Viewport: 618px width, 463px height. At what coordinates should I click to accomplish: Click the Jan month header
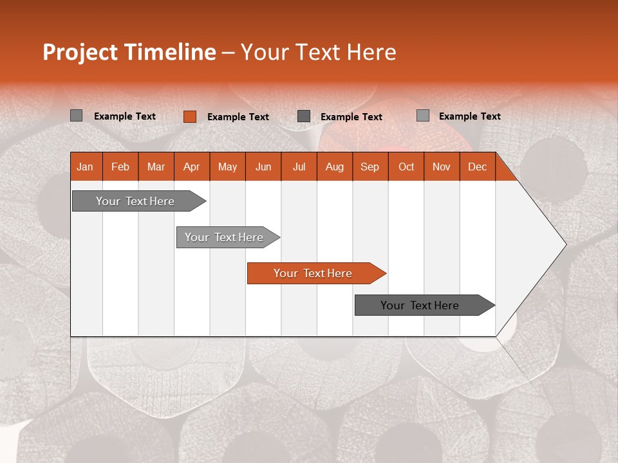tap(85, 167)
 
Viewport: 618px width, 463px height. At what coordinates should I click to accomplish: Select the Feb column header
tap(120, 167)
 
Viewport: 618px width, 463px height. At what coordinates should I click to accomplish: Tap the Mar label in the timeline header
tap(156, 167)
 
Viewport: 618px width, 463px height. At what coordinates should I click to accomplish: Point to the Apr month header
tap(191, 167)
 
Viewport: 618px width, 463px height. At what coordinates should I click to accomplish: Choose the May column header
tap(227, 167)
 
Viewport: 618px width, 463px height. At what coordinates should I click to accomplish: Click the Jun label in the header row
tap(263, 167)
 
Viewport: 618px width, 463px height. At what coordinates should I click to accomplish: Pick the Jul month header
tap(299, 167)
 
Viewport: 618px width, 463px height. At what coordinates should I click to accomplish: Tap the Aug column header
tap(335, 167)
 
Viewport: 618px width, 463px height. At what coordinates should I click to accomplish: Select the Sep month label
tap(370, 167)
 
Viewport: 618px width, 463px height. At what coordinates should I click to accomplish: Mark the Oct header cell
tap(406, 167)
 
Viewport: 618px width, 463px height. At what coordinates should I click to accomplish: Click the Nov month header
tap(442, 167)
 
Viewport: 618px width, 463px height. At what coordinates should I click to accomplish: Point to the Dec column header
tap(477, 167)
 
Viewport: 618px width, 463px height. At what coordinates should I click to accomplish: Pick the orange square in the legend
tap(189, 116)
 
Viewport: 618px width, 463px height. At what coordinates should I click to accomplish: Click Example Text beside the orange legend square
tap(238, 117)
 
